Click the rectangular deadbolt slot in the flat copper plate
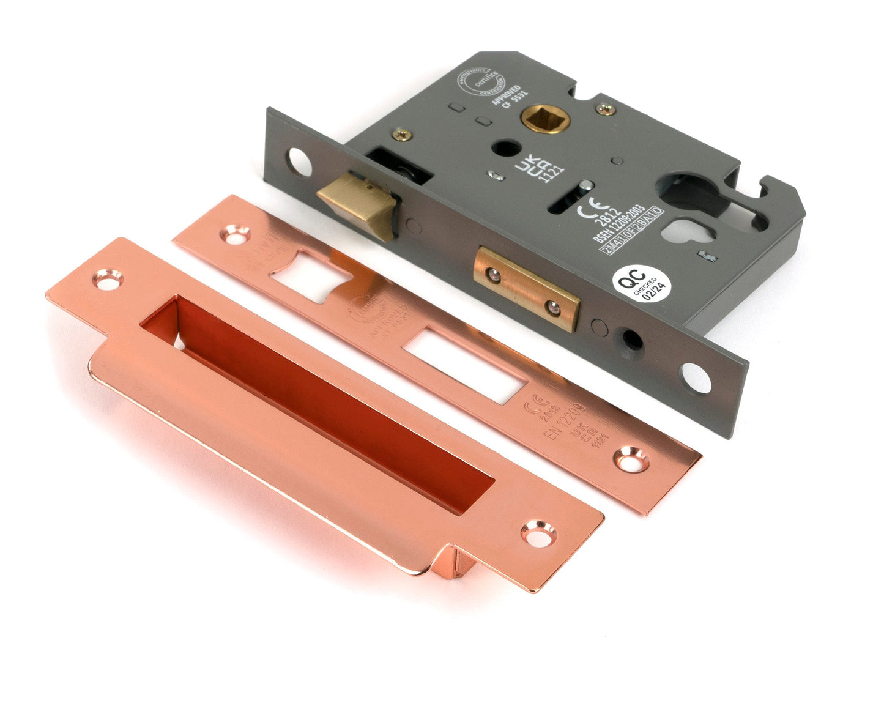[x=464, y=365]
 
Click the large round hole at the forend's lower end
[x=696, y=377]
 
